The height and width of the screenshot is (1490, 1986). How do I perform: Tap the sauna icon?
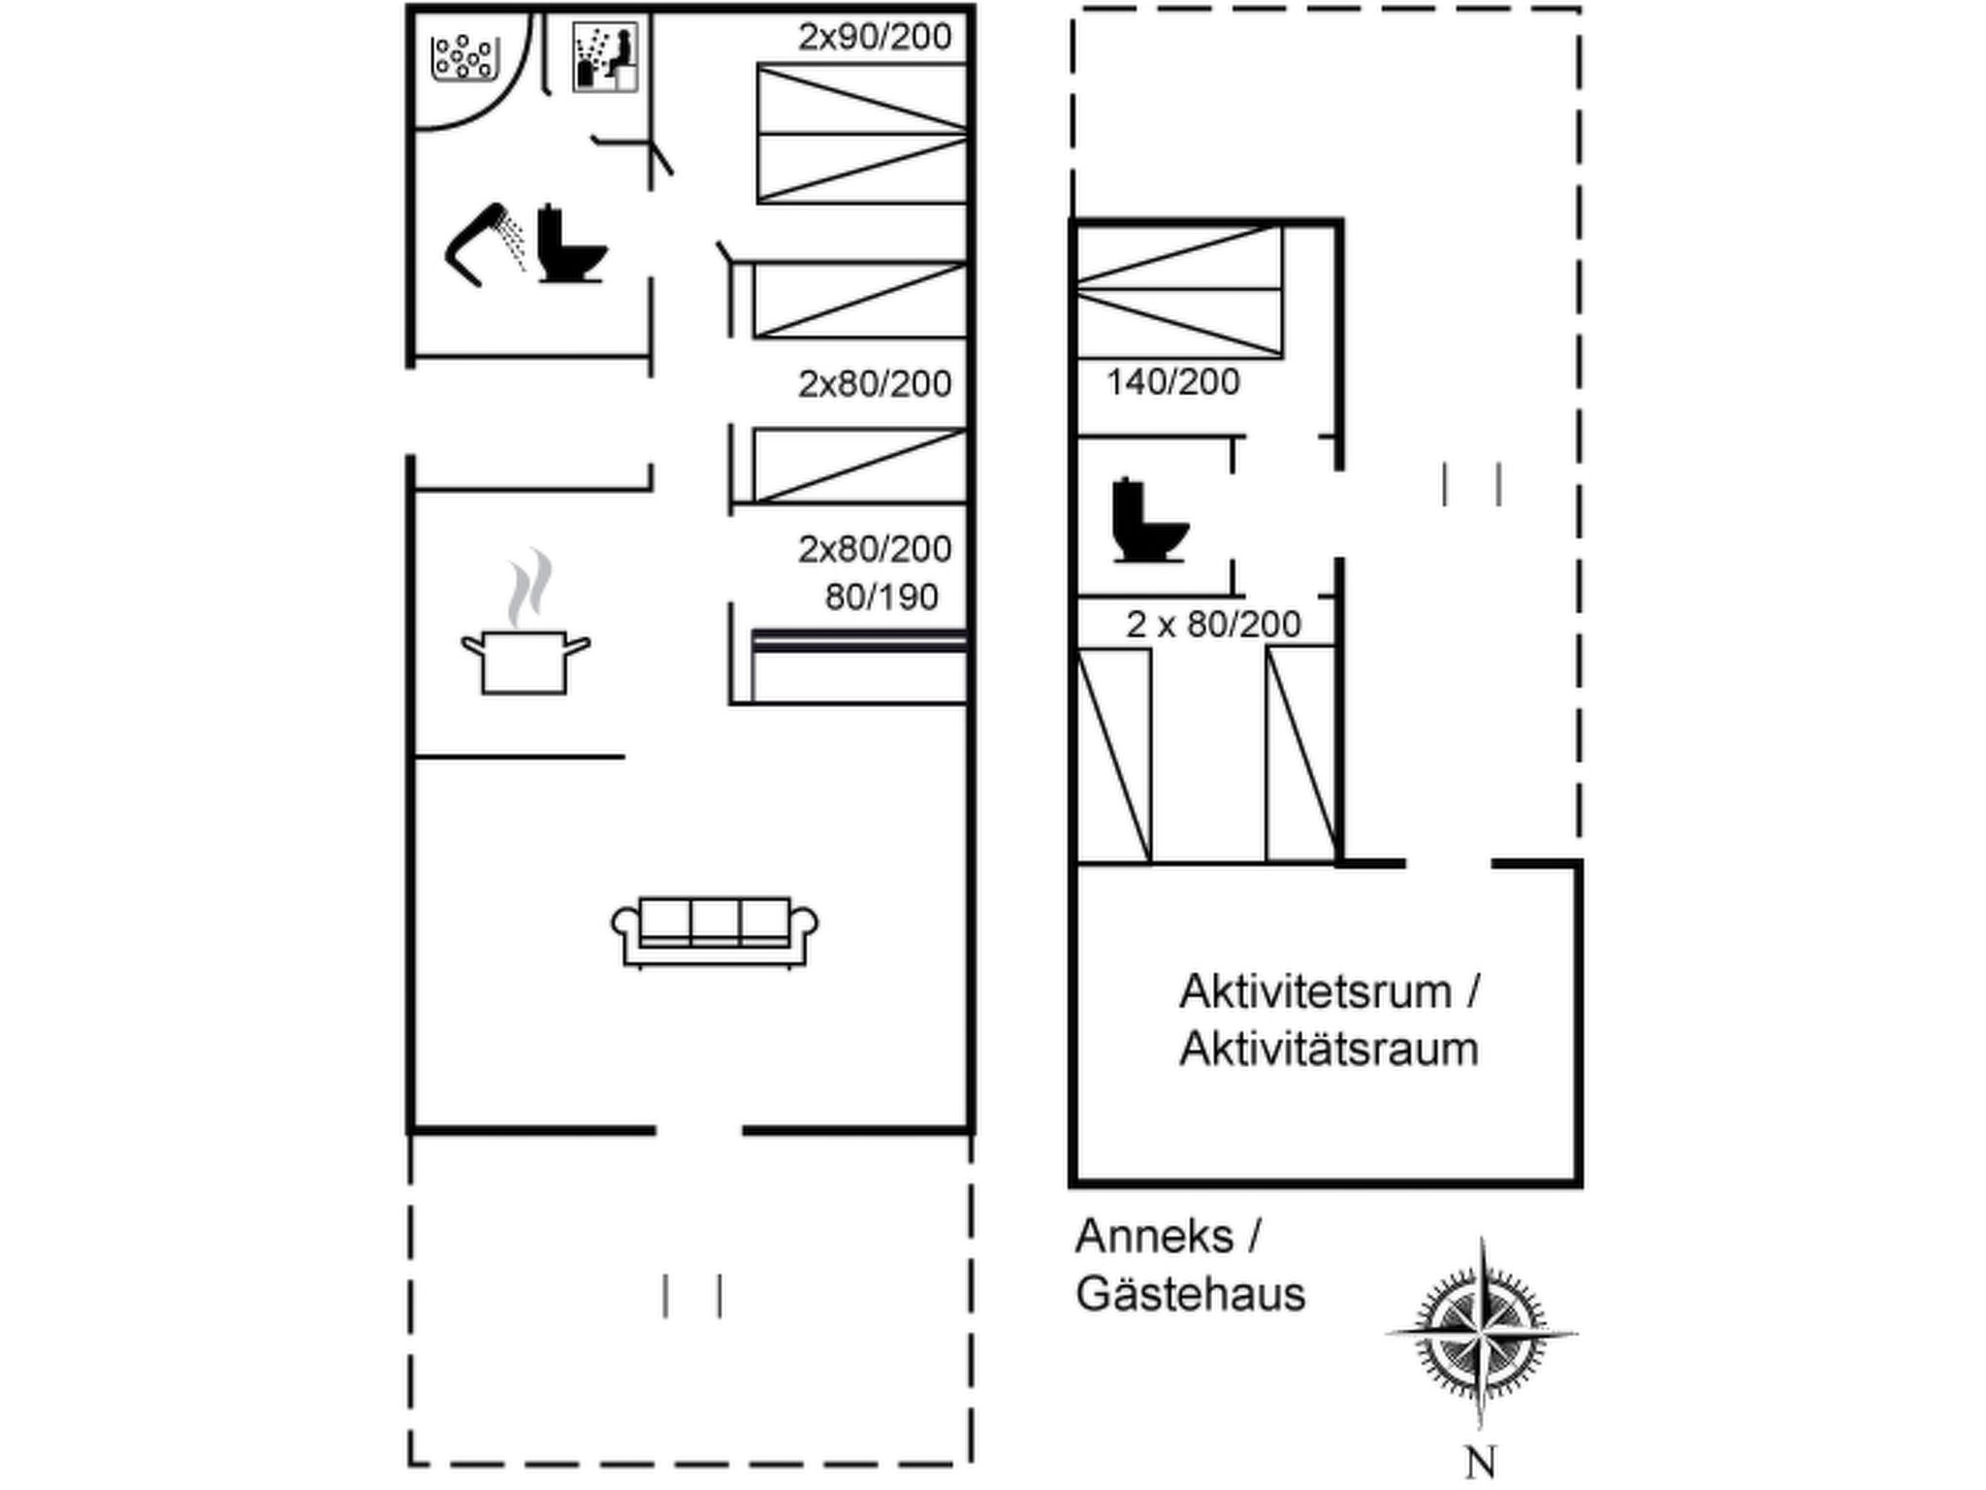point(605,57)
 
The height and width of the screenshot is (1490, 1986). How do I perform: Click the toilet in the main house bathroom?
point(570,244)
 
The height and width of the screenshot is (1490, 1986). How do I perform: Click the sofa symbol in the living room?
point(714,931)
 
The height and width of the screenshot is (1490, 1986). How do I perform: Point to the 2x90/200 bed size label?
point(875,37)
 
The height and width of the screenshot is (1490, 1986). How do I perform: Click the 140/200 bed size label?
point(1172,382)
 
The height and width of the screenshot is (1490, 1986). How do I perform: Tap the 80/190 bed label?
point(881,597)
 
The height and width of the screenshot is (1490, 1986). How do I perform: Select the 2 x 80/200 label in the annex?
point(1213,624)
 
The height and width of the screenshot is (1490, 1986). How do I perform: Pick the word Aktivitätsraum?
point(1329,1050)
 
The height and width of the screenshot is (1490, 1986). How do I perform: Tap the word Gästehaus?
point(1191,1294)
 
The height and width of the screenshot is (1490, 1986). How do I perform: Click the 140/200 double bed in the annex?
point(1178,290)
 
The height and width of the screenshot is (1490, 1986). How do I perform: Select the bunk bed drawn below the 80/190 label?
point(859,665)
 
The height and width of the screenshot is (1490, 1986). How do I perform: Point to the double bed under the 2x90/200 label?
point(861,134)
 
